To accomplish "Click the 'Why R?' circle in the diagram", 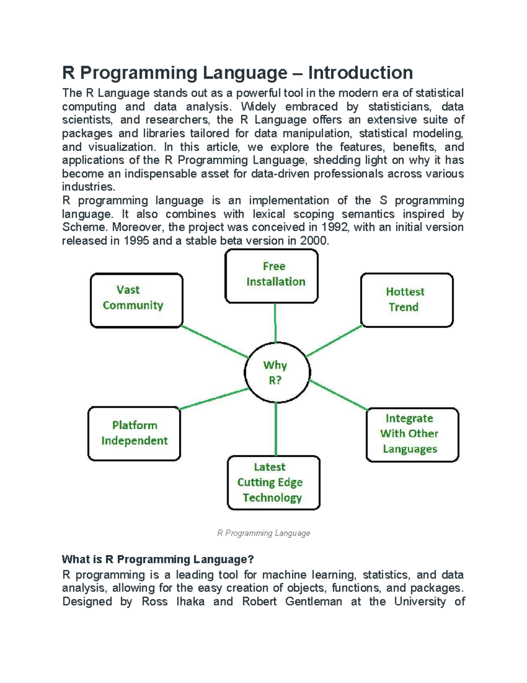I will point(277,373).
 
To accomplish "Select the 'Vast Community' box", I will point(137,300).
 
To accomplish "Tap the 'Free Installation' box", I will point(271,276).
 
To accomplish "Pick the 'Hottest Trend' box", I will point(407,300).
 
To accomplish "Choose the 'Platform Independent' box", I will point(134,434).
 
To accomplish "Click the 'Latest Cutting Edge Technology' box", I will point(274,482).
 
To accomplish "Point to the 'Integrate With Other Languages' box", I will point(412,435).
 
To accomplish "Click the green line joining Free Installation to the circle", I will point(275,323).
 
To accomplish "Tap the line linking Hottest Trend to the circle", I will point(335,341).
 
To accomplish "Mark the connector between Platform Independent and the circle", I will point(214,399).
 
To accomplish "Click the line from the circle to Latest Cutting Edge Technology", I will point(276,429).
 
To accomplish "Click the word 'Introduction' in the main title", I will point(360,73).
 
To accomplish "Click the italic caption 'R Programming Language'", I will point(263,533).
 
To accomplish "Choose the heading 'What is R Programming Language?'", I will point(158,559).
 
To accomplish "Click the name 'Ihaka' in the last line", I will point(190,602).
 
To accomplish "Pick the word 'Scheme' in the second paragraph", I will point(84,227).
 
